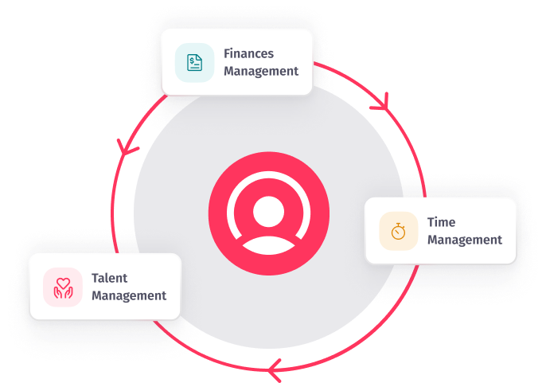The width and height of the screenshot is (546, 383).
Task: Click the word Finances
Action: (248, 54)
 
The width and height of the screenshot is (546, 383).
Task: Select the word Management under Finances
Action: (261, 71)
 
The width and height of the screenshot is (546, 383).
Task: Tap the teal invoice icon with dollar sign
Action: (194, 62)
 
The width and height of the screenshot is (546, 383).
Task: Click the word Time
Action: (442, 223)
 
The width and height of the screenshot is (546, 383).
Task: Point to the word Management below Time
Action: (465, 240)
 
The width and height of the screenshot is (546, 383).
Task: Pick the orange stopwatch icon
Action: (399, 232)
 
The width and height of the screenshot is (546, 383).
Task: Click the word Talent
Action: (110, 279)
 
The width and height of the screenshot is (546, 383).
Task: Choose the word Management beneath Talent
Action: (129, 295)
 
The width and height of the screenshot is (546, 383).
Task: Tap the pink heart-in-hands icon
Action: (63, 287)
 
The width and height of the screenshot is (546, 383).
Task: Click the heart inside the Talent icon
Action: (63, 281)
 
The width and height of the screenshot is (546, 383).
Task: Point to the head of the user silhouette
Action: (268, 208)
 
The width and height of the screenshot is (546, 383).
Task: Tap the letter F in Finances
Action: (227, 54)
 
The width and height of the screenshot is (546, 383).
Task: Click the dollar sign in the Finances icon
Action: (192, 60)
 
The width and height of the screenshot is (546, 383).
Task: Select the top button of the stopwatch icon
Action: (399, 224)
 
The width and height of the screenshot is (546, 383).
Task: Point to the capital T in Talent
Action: (95, 279)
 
